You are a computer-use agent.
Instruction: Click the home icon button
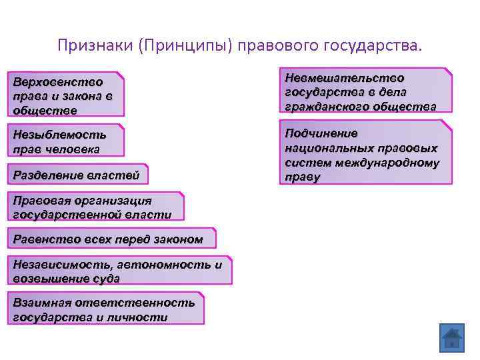coord(451,339)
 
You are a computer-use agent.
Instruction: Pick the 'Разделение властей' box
coord(79,175)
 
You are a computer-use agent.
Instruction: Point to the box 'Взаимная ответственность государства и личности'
coord(106,309)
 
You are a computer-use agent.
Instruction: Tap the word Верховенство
coord(58,82)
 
